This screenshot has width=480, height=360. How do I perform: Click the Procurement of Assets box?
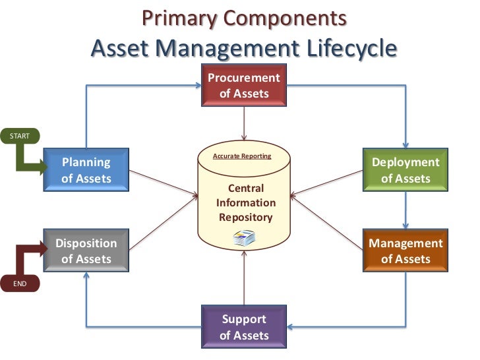pos(244,86)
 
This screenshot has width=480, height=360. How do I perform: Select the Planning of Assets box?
pos(86,170)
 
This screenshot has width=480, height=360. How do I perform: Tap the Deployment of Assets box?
pos(405,170)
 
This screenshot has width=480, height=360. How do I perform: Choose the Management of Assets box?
pos(405,251)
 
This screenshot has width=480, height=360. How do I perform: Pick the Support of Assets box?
pos(244,327)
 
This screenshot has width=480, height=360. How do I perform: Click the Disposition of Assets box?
pos(86,251)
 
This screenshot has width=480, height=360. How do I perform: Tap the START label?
pos(19,135)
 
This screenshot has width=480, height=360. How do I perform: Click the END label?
pos(19,284)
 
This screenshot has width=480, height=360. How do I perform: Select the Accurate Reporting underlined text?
pos(242,156)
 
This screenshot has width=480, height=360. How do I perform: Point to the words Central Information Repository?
pos(245,203)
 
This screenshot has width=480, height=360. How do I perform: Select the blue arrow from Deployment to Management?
pos(405,210)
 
